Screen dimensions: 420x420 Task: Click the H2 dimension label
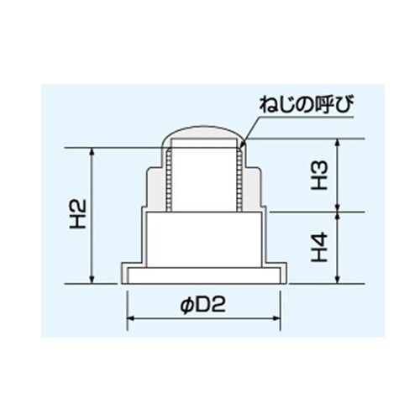click(76, 215)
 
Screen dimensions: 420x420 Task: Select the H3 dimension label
click(319, 175)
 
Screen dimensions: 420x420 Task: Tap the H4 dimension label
click(319, 249)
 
